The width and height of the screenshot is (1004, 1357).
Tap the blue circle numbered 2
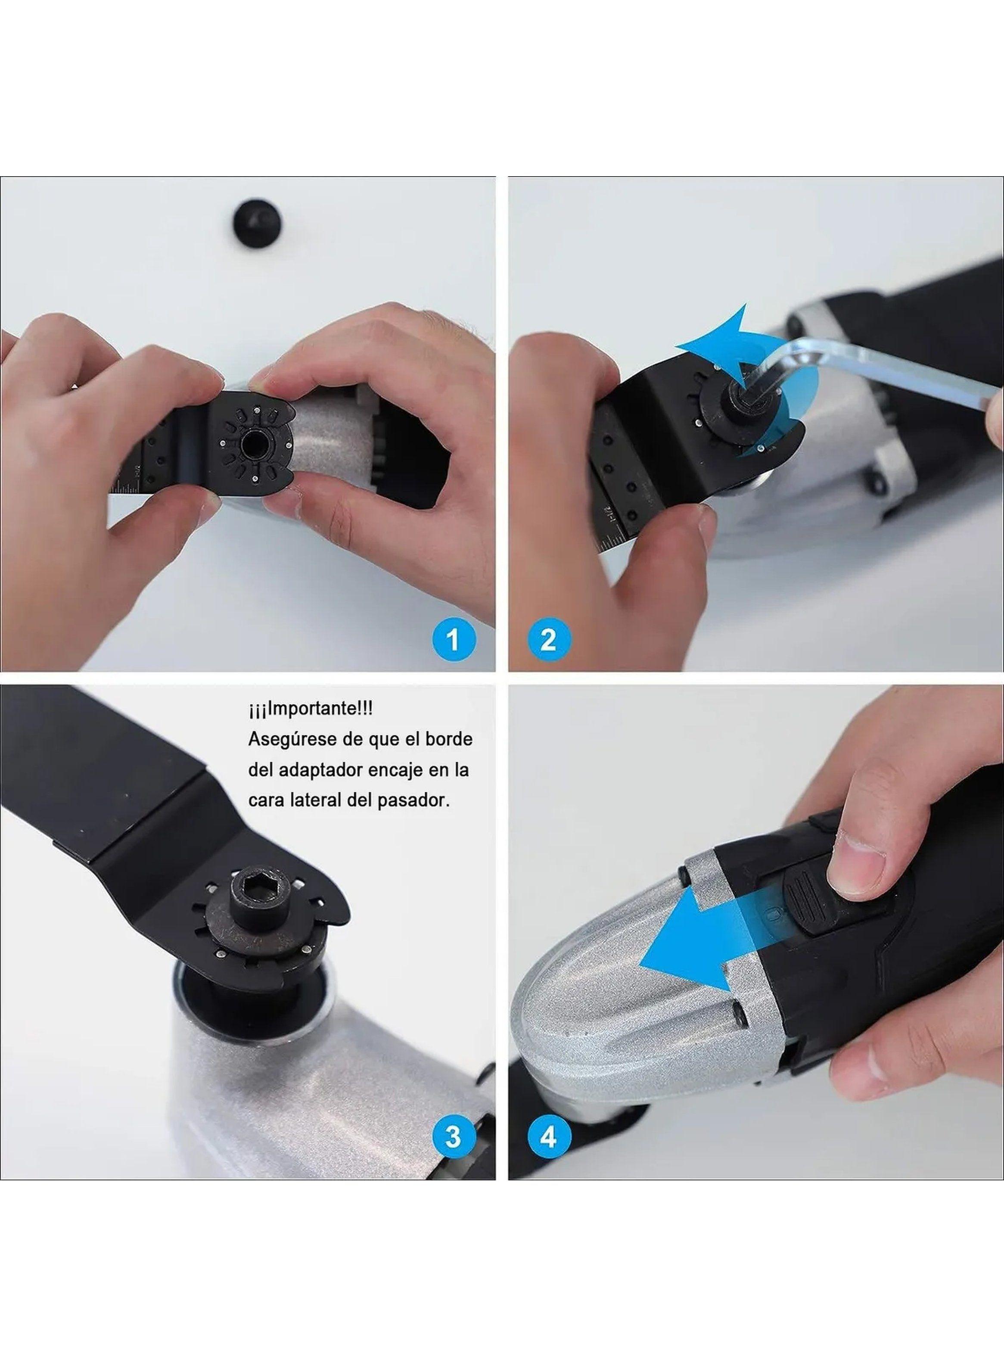547,639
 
